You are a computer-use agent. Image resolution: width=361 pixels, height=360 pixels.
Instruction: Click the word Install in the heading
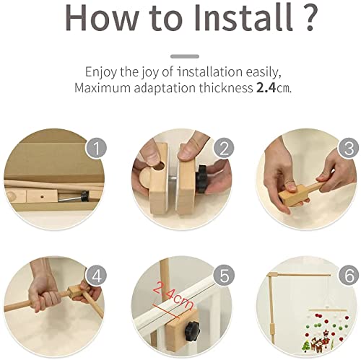pyautogui.click(x=244, y=17)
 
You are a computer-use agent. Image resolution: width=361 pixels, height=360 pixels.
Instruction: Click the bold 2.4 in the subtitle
pyautogui.click(x=266, y=88)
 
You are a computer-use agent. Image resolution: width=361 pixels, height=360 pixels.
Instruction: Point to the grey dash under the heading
pyautogui.click(x=185, y=56)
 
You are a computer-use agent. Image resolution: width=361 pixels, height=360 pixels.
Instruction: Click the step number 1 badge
pyautogui.click(x=97, y=148)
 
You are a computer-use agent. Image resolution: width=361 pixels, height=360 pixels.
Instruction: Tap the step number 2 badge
pyautogui.click(x=224, y=148)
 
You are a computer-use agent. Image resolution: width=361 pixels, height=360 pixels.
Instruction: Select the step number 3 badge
pyautogui.click(x=349, y=148)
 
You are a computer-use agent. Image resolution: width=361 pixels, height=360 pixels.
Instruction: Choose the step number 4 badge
pyautogui.click(x=97, y=276)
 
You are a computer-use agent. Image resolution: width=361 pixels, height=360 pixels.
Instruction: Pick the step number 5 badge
pyautogui.click(x=224, y=276)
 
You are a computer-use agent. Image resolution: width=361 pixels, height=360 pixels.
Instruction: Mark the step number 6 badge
pyautogui.click(x=349, y=276)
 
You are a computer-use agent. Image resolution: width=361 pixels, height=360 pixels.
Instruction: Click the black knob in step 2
pyautogui.click(x=201, y=178)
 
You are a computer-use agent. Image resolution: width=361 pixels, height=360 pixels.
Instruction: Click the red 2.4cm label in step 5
pyautogui.click(x=173, y=297)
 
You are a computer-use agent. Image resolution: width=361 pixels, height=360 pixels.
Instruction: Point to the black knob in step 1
pyautogui.click(x=84, y=196)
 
